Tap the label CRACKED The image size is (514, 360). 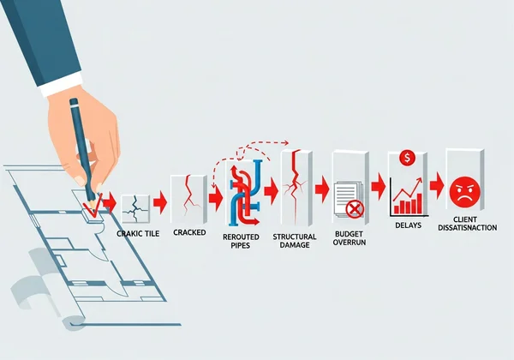pyautogui.click(x=188, y=232)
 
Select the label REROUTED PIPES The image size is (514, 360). pyautogui.click(x=246, y=241)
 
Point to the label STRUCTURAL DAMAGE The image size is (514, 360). pyautogui.click(x=295, y=241)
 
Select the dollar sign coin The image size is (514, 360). pyautogui.click(x=408, y=158)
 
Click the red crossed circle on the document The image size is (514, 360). pyautogui.click(x=355, y=208)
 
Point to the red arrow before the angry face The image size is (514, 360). pyautogui.click(x=437, y=184)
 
